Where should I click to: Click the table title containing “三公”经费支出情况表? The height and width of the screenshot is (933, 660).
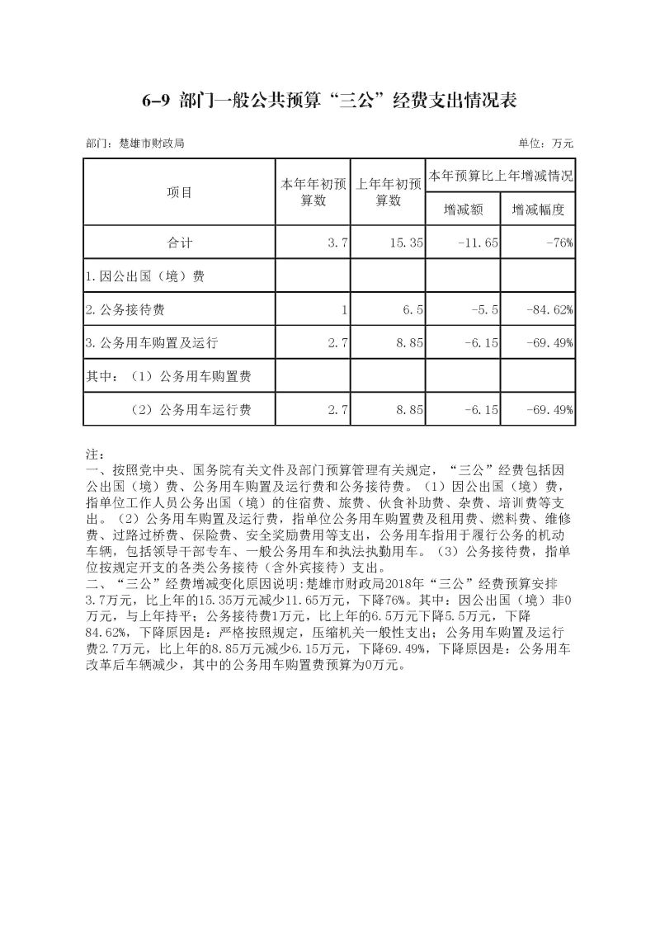click(329, 100)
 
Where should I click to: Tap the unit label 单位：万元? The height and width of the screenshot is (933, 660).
click(545, 143)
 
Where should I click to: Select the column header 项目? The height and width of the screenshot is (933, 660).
click(179, 192)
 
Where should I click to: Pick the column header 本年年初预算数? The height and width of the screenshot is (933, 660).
click(313, 192)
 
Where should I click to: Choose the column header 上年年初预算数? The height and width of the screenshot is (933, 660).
click(389, 192)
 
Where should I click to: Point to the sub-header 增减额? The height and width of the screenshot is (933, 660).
click(463, 210)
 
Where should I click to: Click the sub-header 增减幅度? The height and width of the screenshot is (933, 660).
click(538, 210)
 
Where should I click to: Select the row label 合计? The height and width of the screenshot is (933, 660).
click(179, 243)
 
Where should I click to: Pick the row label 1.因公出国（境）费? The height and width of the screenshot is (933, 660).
click(145, 276)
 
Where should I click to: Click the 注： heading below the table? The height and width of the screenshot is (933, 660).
click(94, 455)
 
